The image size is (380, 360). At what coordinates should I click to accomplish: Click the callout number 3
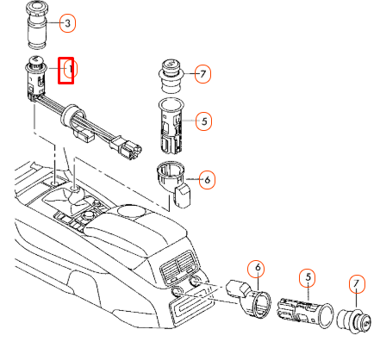pyautogui.click(x=68, y=23)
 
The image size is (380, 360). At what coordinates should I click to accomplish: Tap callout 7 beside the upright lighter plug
pyautogui.click(x=202, y=74)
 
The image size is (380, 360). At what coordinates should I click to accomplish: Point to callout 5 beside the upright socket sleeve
pyautogui.click(x=204, y=121)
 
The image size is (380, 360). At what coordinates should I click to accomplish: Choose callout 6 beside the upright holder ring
pyautogui.click(x=207, y=180)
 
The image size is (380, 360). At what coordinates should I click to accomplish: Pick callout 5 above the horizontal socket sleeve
pyautogui.click(x=308, y=277)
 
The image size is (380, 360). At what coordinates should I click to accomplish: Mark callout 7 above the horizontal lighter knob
pyautogui.click(x=356, y=283)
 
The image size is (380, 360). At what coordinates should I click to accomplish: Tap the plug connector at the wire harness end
pyautogui.click(x=128, y=147)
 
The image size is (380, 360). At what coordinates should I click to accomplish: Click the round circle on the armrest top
pyautogui.click(x=131, y=211)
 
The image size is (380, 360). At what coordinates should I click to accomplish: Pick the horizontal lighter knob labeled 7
pyautogui.click(x=354, y=321)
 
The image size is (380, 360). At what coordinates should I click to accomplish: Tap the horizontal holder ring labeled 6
pyautogui.click(x=252, y=298)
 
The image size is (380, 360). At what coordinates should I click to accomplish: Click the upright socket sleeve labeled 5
pyautogui.click(x=171, y=127)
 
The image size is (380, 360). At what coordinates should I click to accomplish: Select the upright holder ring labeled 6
pyautogui.click(x=174, y=183)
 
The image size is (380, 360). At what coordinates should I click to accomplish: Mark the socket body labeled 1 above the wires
pyautogui.click(x=36, y=78)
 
